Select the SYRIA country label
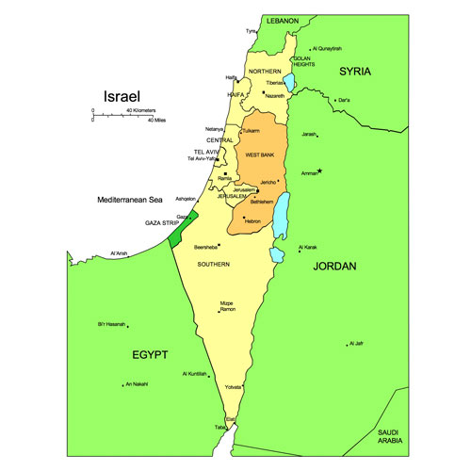pos(355,72)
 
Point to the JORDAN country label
pos(335,267)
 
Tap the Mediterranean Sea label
pos(130,200)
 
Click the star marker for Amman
pos(320,171)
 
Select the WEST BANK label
pos(259,154)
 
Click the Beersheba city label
pos(206,247)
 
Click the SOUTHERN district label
pos(214,265)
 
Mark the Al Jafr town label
pos(356,344)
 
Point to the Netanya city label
pos(215,129)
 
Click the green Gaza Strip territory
pos(176,231)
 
